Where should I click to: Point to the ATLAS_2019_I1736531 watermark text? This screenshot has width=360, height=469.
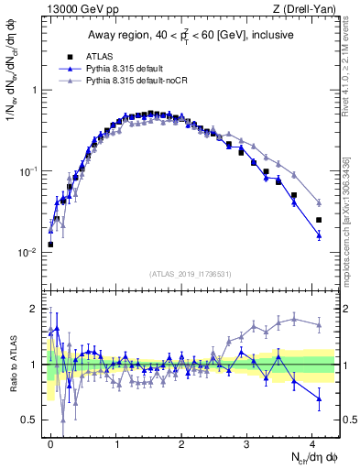click(x=188, y=273)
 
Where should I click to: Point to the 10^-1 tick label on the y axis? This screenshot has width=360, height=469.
click(x=27, y=171)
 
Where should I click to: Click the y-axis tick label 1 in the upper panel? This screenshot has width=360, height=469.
click(x=34, y=91)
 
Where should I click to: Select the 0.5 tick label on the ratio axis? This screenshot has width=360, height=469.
click(x=29, y=420)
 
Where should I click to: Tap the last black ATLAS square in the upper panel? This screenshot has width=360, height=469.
click(x=319, y=220)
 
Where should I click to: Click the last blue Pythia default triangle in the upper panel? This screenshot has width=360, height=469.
click(x=319, y=235)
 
